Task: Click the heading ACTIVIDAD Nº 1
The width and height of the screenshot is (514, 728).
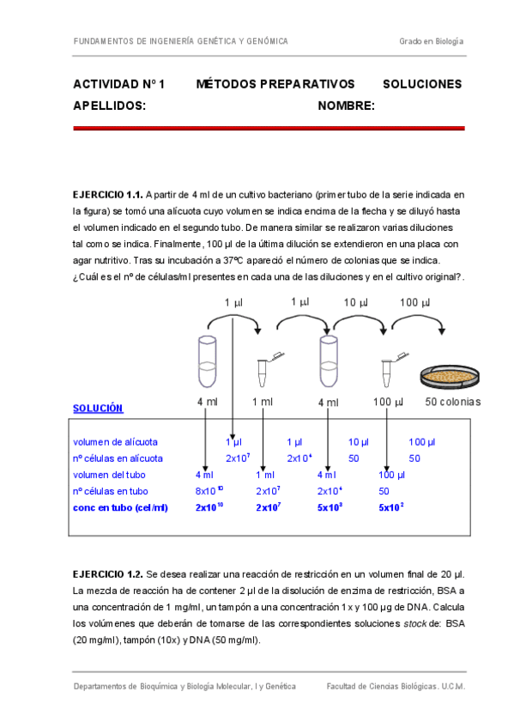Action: click(118, 84)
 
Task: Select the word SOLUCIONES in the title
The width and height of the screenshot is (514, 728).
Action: click(421, 84)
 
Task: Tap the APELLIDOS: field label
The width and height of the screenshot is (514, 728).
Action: click(109, 106)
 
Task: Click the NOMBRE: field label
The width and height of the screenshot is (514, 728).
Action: click(346, 106)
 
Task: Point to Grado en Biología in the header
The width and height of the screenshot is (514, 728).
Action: click(431, 41)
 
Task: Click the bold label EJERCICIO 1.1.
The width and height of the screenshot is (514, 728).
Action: click(108, 195)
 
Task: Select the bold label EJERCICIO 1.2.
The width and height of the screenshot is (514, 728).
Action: click(108, 573)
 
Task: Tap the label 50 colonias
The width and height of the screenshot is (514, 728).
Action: click(452, 402)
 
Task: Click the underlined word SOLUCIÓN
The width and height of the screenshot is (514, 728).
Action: click(97, 408)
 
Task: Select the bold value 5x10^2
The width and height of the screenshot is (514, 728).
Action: click(391, 507)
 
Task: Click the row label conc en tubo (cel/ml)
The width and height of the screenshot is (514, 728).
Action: click(120, 507)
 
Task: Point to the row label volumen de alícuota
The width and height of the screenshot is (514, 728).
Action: click(115, 441)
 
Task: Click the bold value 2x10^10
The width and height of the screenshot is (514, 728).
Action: click(209, 507)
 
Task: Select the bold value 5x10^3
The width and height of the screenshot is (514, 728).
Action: click(330, 507)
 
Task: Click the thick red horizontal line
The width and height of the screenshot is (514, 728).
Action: click(269, 128)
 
